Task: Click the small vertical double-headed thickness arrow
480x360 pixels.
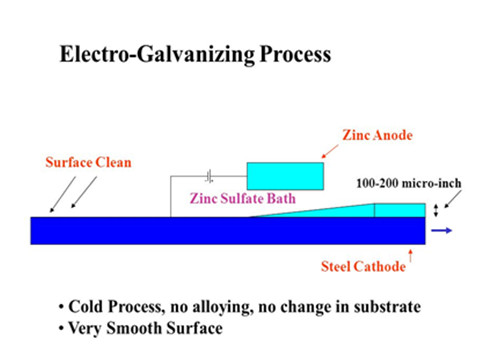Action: pyautogui.click(x=436, y=209)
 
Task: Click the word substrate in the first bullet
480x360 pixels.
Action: pyautogui.click(x=390, y=305)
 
